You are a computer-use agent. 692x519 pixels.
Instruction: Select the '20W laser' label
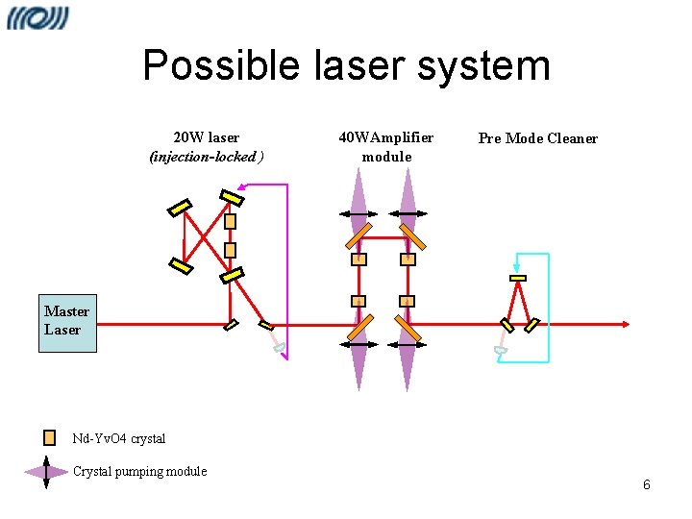(x=206, y=137)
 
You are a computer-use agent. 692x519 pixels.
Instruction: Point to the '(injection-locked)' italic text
(x=206, y=156)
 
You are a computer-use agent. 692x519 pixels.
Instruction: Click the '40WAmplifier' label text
(x=385, y=137)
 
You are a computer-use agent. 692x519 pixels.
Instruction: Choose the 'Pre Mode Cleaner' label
(x=537, y=138)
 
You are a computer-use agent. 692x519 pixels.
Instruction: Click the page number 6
(x=647, y=484)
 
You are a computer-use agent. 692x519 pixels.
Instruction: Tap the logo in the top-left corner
(x=38, y=18)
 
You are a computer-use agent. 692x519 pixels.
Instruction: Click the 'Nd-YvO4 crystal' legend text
(x=119, y=438)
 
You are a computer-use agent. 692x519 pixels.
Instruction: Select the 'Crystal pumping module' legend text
(x=139, y=471)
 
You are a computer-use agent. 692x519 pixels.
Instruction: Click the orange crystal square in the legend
(x=50, y=437)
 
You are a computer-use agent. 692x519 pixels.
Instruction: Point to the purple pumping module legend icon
(x=46, y=471)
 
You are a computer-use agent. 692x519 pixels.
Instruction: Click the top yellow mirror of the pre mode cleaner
(x=518, y=278)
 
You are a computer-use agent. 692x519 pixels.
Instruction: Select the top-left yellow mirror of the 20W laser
(x=180, y=208)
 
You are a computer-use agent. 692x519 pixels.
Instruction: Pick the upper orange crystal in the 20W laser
(x=230, y=221)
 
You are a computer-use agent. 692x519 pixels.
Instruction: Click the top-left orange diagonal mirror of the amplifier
(x=358, y=234)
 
